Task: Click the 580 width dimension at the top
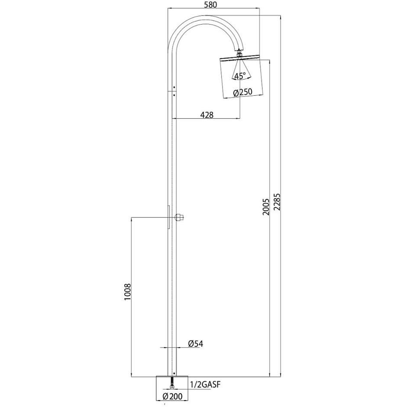pos(210,5)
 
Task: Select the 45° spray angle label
pos(239,76)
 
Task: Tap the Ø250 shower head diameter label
pos(242,92)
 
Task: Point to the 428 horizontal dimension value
pos(206,114)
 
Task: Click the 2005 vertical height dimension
pos(266,207)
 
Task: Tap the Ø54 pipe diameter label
pos(196,344)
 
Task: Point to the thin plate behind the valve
pos(168,216)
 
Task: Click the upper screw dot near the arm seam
pos(174,86)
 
